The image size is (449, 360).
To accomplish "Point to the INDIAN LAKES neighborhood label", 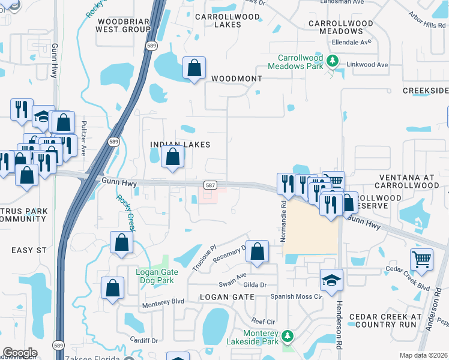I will [180, 145].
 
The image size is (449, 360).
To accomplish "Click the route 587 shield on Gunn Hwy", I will [210, 186].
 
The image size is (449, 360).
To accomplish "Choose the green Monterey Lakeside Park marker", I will [288, 335].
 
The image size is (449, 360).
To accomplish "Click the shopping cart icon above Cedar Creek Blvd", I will [421, 259].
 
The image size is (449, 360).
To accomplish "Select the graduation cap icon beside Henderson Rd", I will [331, 280].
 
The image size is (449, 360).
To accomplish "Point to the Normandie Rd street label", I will [283, 221].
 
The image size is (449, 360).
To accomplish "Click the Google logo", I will [20, 353].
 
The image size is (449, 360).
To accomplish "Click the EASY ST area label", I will [25, 249].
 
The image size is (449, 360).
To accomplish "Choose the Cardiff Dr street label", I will [145, 340].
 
